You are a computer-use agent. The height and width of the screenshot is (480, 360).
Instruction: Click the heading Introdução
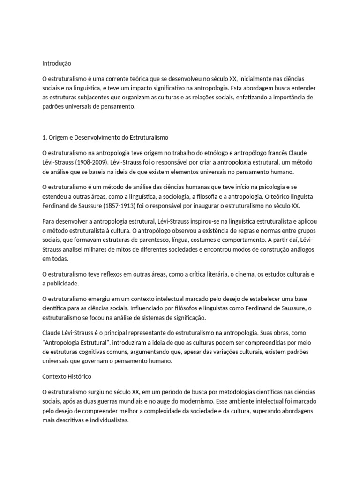(x=57, y=63)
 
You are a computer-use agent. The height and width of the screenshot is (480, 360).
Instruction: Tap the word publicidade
(x=63, y=283)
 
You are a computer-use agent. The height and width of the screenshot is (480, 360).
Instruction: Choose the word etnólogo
(x=215, y=153)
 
